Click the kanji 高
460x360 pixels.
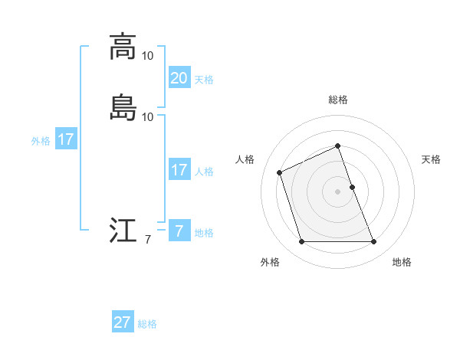point(123,46)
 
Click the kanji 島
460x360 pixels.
point(123,107)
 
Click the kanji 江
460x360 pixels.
point(123,231)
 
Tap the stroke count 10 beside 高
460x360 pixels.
point(148,56)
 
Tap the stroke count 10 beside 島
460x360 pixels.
point(148,117)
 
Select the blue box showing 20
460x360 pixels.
point(179,77)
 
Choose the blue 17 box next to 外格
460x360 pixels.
point(66,139)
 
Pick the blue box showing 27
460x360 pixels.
point(123,322)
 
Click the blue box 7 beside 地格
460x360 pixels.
point(179,231)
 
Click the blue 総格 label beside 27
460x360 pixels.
point(147,324)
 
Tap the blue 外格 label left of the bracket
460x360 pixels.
point(41,141)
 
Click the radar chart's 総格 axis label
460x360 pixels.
point(338,100)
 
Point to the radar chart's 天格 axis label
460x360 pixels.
point(431,159)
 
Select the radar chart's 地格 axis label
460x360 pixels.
point(402,263)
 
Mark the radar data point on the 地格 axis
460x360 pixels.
point(374,242)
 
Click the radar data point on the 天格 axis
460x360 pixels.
point(352,187)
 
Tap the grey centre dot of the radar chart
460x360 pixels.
point(338,191)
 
